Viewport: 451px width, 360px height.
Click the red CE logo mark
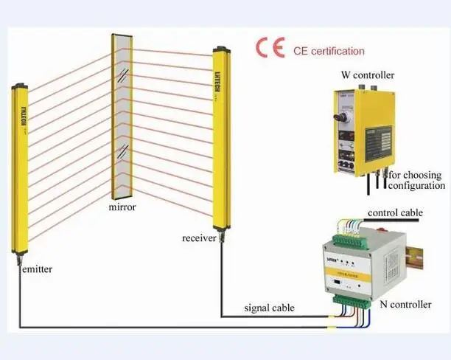pyautogui.click(x=270, y=49)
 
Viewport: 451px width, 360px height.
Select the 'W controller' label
pyautogui.click(x=368, y=75)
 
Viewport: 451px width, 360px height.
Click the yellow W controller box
pyautogui.click(x=366, y=130)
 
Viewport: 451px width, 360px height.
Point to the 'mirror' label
pyautogui.click(x=122, y=207)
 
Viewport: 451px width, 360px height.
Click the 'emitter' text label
pyautogui.click(x=36, y=269)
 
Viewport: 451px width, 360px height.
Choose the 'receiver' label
pyautogui.click(x=199, y=238)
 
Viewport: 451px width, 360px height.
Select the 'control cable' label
pyautogui.click(x=395, y=213)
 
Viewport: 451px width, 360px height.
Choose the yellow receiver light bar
pyautogui.click(x=219, y=136)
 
